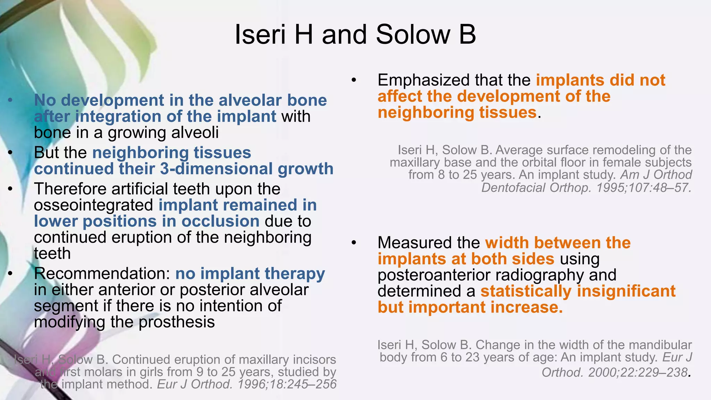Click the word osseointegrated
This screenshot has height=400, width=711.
click(93, 205)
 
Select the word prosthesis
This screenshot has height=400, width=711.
click(177, 322)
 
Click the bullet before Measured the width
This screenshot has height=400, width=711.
click(354, 243)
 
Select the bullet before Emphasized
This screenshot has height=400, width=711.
click(354, 81)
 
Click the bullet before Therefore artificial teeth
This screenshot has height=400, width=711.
click(10, 189)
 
